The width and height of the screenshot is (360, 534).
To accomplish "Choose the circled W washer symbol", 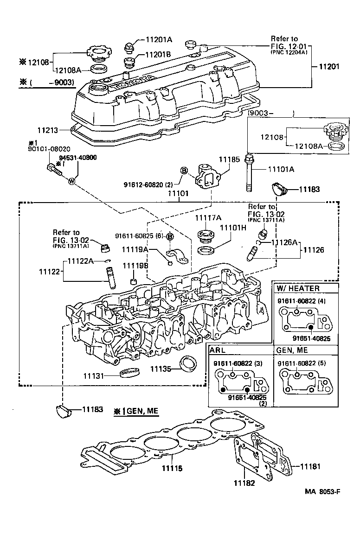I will click(x=71, y=181).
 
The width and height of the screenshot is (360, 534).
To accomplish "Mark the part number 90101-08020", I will click(x=39, y=150).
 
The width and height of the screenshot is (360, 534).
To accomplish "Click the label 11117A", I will click(x=208, y=217).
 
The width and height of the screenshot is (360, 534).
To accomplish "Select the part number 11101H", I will click(x=233, y=228).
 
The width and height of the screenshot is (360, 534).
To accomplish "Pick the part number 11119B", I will click(x=135, y=266).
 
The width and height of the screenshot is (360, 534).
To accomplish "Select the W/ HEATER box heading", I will click(x=298, y=288).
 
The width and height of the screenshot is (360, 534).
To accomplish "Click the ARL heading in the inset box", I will click(x=218, y=350).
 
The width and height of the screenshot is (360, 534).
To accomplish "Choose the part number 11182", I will click(x=244, y=483).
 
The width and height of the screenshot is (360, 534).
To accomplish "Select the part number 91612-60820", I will click(x=148, y=184).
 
